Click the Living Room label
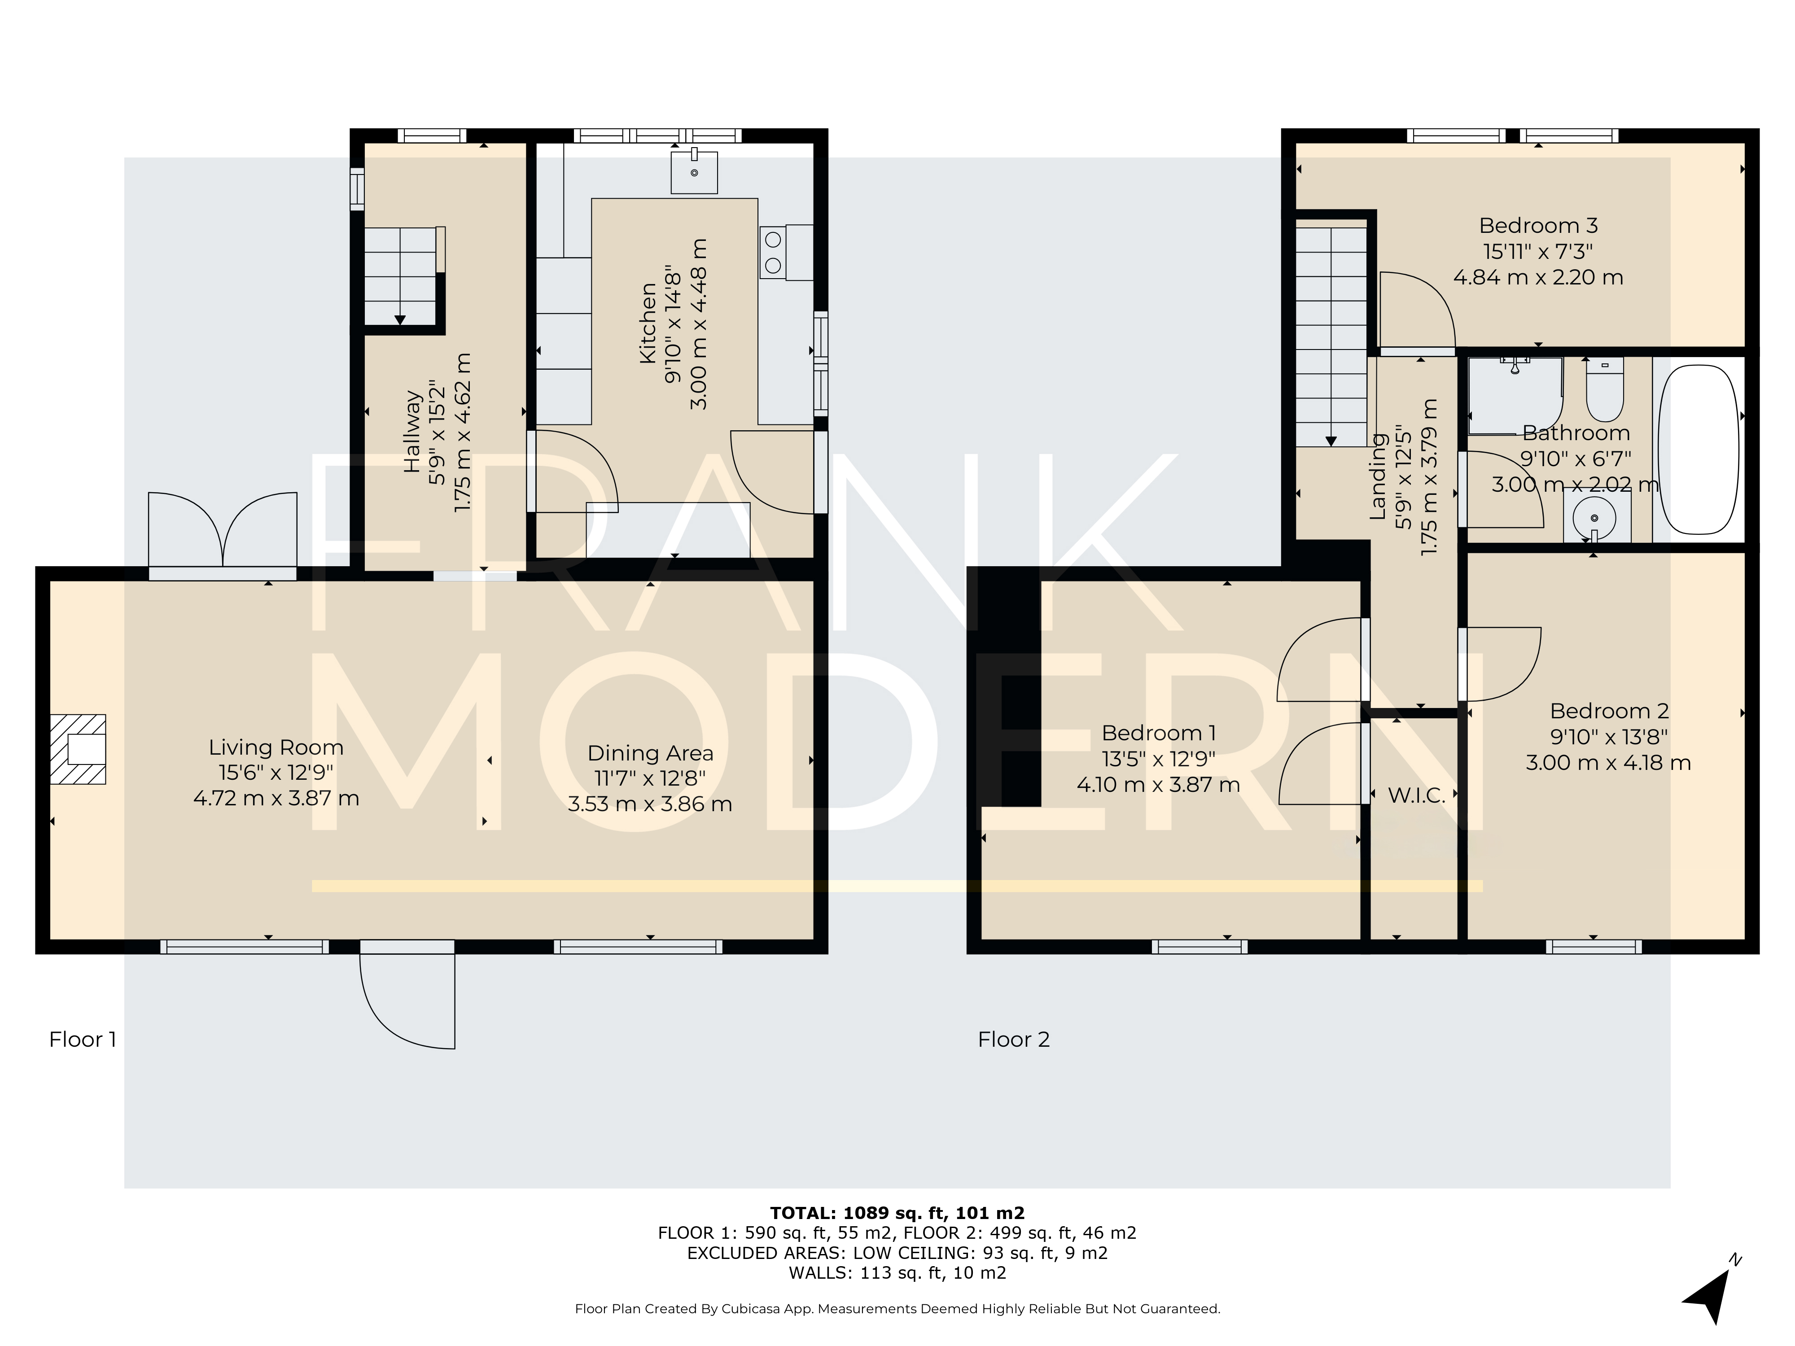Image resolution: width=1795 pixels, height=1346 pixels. click(276, 747)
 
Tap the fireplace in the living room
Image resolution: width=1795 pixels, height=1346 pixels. click(79, 749)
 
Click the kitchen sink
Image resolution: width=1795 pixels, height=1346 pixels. click(695, 171)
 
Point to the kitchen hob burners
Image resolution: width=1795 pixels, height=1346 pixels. click(773, 252)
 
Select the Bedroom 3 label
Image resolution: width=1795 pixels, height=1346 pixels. click(1539, 226)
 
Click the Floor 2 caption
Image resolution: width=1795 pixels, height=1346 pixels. click(1014, 1039)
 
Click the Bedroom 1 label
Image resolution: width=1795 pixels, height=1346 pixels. click(1158, 734)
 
